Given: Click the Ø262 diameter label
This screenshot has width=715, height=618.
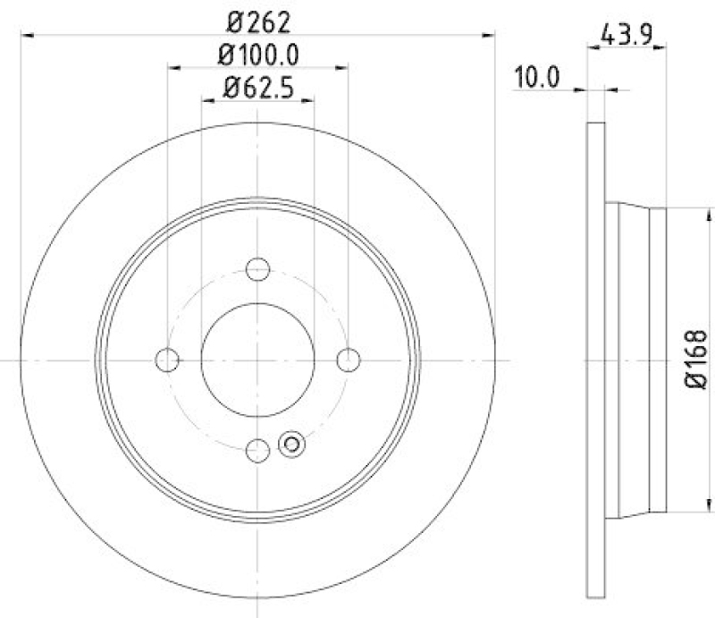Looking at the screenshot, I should (x=257, y=19).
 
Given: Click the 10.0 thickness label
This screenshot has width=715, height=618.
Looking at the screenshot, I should (x=536, y=78).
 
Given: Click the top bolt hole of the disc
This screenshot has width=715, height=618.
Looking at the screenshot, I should (x=257, y=267).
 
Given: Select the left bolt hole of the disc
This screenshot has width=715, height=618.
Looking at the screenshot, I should (x=167, y=360).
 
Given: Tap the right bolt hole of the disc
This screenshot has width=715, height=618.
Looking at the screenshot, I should (x=349, y=360).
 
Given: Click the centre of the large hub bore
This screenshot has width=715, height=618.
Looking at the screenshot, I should (x=257, y=360).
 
